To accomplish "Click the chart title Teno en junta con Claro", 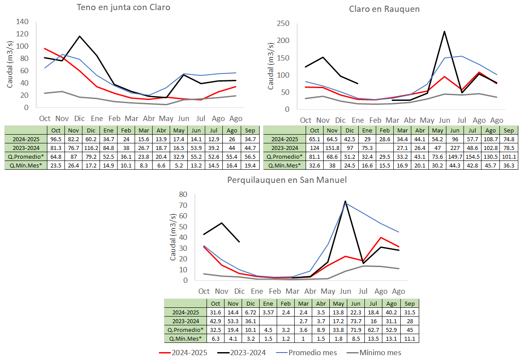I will click(x=123, y=7).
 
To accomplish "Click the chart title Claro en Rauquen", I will click(x=384, y=9).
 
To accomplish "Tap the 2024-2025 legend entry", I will click(x=183, y=353).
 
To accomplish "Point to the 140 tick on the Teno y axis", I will click(x=22, y=21).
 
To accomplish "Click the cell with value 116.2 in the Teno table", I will click(x=91, y=148).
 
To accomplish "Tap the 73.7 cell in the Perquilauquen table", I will click(x=356, y=321).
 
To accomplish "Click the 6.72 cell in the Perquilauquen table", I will click(x=250, y=313).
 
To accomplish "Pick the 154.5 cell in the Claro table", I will click(x=473, y=157).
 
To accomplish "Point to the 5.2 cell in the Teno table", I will click(x=179, y=165).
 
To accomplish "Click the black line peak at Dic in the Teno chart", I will click(x=79, y=36).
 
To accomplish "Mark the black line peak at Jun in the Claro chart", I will click(x=444, y=32).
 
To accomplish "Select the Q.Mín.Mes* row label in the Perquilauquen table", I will click(x=185, y=339).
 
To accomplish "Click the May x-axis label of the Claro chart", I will click(x=427, y=120).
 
